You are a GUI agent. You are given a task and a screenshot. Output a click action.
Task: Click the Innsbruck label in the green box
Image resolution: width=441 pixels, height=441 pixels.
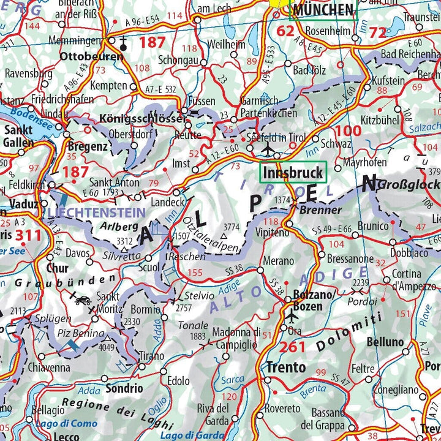[x=293, y=173]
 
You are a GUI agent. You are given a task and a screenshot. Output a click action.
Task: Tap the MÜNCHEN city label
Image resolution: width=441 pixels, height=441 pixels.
[x=323, y=10]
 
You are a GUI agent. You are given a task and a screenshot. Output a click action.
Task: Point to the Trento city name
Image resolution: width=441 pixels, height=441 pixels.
[x=286, y=367]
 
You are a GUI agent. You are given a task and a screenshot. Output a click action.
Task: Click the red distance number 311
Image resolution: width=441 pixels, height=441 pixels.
[x=29, y=235]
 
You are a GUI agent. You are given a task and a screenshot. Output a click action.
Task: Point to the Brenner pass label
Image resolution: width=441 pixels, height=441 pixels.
[x=321, y=210]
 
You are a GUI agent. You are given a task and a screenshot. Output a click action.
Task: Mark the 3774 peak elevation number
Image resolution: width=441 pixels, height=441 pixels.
[x=231, y=227]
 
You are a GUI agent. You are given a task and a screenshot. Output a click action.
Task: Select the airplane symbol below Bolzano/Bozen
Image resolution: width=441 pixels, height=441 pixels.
[x=292, y=317]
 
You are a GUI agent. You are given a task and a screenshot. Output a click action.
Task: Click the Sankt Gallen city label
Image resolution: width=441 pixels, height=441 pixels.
[x=18, y=135]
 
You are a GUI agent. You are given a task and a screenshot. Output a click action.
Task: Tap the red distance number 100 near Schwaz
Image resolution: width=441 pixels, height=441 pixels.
[x=349, y=130]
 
